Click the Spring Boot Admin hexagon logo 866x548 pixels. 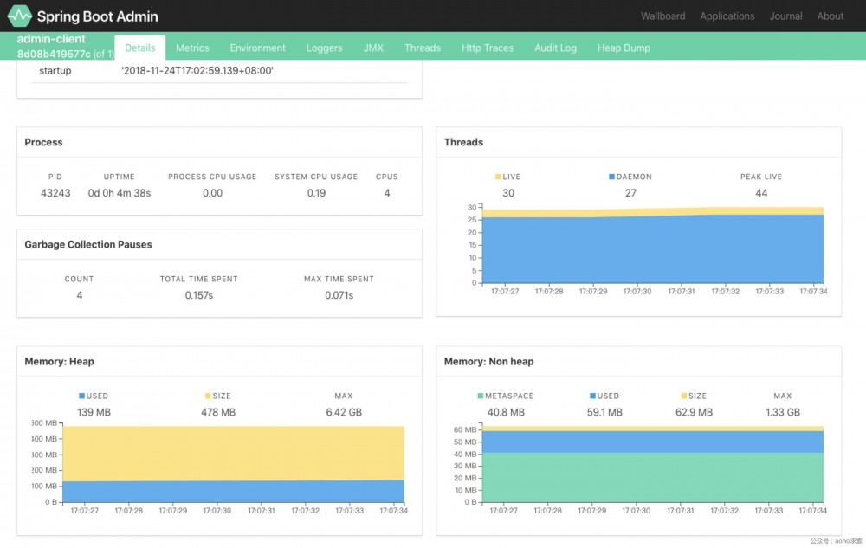[19, 16]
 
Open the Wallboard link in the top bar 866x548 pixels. [662, 16]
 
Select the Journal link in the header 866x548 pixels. [785, 16]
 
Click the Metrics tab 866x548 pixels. [192, 48]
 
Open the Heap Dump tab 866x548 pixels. [624, 48]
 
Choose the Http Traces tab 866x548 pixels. [488, 48]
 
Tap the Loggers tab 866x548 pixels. [324, 48]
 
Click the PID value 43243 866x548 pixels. [55, 193]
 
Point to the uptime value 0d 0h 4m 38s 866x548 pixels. [120, 193]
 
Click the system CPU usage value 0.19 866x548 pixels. [316, 193]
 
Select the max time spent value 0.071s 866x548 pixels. [338, 295]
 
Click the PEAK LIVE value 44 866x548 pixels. [761, 193]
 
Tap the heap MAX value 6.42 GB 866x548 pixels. [344, 412]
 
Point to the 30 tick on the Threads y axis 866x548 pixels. [472, 207]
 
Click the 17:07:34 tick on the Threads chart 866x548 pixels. [813, 292]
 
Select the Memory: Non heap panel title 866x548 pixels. [488, 362]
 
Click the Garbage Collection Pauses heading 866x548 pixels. [88, 245]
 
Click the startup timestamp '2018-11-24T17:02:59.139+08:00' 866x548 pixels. [197, 70]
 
